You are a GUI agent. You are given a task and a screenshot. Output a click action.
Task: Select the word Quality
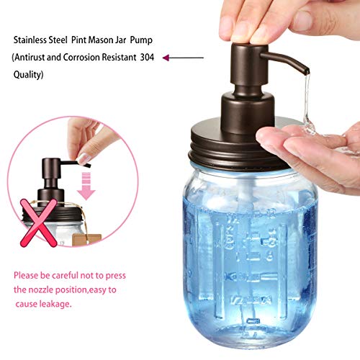tap(27, 73)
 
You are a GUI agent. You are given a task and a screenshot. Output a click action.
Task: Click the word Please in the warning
tap(27, 275)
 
